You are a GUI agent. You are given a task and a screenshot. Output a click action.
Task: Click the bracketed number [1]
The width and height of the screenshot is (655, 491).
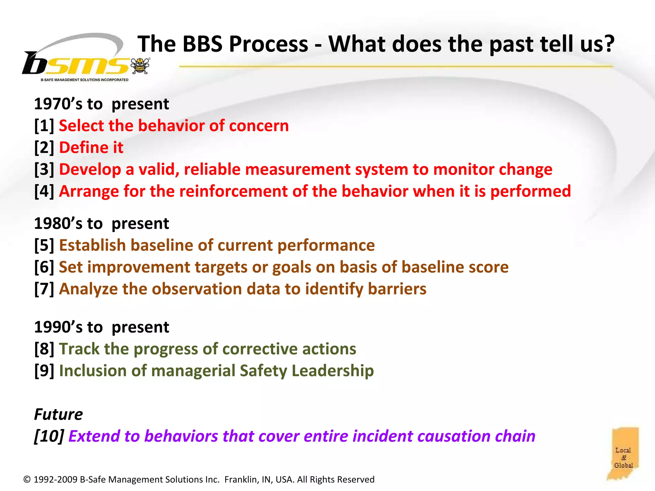(x=44, y=126)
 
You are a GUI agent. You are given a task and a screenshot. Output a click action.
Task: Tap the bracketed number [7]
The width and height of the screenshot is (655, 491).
(x=44, y=289)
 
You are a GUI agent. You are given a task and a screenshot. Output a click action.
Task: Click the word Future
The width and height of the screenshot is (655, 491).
(x=58, y=415)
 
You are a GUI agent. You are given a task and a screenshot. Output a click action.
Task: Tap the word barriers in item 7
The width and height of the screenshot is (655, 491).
(x=397, y=289)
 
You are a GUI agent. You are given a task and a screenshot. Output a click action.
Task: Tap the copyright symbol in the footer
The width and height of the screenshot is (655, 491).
(x=27, y=479)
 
